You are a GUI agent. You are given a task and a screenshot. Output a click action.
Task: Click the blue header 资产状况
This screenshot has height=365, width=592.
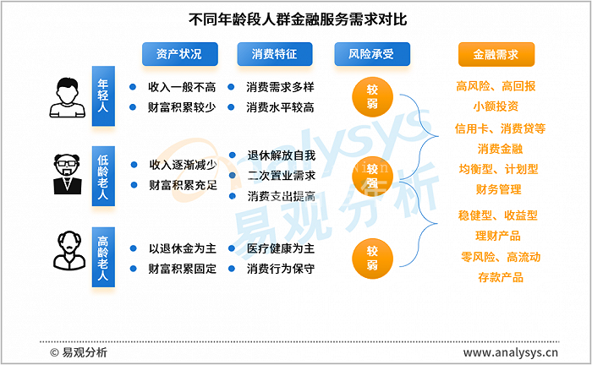[x=179, y=54]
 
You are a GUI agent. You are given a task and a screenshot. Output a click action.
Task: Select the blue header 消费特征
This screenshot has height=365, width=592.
[x=275, y=54]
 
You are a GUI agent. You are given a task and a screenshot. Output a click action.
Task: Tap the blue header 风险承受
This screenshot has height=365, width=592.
[x=372, y=54]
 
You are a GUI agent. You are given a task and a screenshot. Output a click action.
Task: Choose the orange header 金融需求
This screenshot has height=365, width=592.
[x=496, y=54]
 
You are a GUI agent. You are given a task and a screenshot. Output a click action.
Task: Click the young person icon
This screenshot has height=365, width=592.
[x=67, y=98]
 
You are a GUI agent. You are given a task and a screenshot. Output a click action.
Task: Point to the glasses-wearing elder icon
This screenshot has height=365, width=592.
[x=68, y=174]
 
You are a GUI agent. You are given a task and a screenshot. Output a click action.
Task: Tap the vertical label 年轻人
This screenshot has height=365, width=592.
[x=103, y=95]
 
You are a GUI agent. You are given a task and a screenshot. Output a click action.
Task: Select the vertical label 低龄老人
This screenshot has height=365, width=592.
[x=103, y=176]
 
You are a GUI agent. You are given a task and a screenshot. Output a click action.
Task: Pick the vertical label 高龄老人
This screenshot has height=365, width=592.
[x=103, y=257]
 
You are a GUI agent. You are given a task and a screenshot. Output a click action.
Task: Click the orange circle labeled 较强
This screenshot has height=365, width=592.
[x=372, y=177]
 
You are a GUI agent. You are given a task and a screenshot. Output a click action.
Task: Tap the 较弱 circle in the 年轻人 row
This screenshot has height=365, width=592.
[x=372, y=96]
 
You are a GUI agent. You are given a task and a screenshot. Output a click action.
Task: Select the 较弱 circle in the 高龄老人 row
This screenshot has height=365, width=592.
[x=372, y=259]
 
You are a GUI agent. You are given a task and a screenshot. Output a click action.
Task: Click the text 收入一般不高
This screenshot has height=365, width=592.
[x=182, y=88]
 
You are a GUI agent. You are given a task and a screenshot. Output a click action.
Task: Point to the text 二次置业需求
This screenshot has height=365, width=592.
[x=282, y=176]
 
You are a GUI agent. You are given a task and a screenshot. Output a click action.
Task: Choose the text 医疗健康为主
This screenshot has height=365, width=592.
[x=281, y=248]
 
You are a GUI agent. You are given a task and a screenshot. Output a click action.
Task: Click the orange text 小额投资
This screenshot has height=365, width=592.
[x=496, y=106]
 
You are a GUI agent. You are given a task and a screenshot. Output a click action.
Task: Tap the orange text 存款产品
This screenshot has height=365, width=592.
[x=501, y=278]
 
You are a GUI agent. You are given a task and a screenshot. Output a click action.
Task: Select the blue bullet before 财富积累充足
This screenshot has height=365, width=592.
[x=134, y=185]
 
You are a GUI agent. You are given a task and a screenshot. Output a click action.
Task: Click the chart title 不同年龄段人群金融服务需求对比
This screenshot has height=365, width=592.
[x=298, y=19]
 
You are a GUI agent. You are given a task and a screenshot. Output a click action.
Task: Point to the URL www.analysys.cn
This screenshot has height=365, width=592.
[x=511, y=353]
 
